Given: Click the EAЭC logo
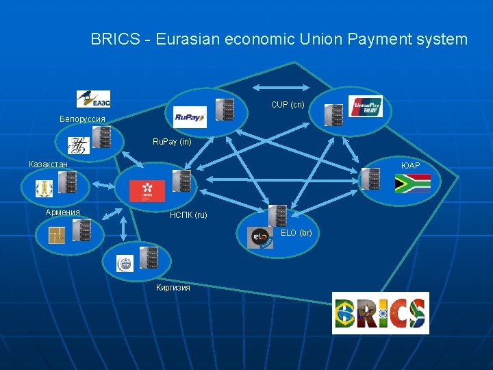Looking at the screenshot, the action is pos(93,99).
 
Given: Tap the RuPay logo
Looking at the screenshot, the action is pos(190,117).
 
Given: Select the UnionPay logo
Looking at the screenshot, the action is pos(365,106).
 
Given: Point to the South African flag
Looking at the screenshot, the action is pos(413,183).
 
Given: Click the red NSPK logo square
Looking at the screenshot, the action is pos(147,190).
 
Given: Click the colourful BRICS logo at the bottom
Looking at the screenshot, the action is pos(380,312).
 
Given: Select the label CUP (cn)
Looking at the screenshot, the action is pos(288,105).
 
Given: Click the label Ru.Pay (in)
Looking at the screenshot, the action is pos(172,143).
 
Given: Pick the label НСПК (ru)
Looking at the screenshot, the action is pos(188,215).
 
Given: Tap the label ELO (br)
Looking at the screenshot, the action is pos(296,233).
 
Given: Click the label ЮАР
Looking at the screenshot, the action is pos(411,166).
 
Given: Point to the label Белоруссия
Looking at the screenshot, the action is pos(82,119).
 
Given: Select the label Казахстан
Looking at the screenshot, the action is pos(48,164).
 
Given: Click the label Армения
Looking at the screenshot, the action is pos(63,212).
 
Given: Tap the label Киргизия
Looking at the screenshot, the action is pos(173,287).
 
